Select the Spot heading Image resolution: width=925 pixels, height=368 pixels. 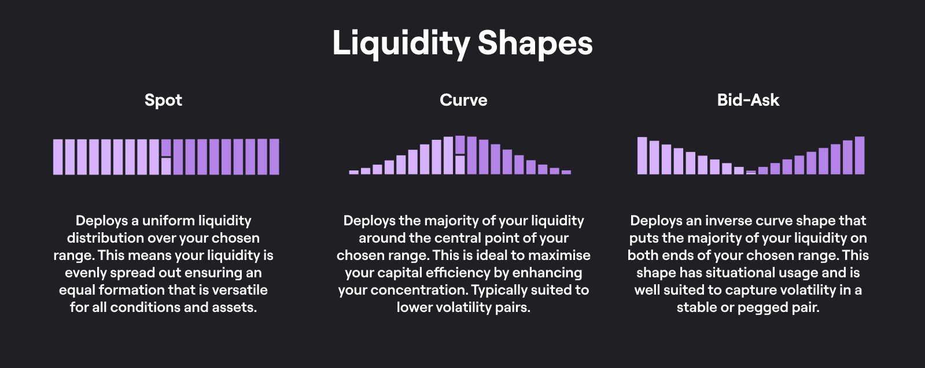[163, 101]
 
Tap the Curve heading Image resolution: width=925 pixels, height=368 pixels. [463, 100]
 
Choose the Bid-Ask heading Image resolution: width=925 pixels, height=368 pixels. [748, 100]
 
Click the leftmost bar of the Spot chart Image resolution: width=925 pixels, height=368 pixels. [58, 157]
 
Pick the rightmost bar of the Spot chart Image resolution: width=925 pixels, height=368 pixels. [274, 157]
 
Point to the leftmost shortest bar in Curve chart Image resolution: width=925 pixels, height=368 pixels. [354, 172]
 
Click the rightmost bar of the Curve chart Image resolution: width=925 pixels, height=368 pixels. [566, 172]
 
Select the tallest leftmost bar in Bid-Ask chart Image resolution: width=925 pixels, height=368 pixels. [642, 155]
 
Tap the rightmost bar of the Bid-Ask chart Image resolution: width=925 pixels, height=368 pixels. [859, 155]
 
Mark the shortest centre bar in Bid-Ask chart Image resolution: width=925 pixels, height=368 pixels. [751, 173]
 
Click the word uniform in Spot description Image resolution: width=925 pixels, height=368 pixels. [168, 221]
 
